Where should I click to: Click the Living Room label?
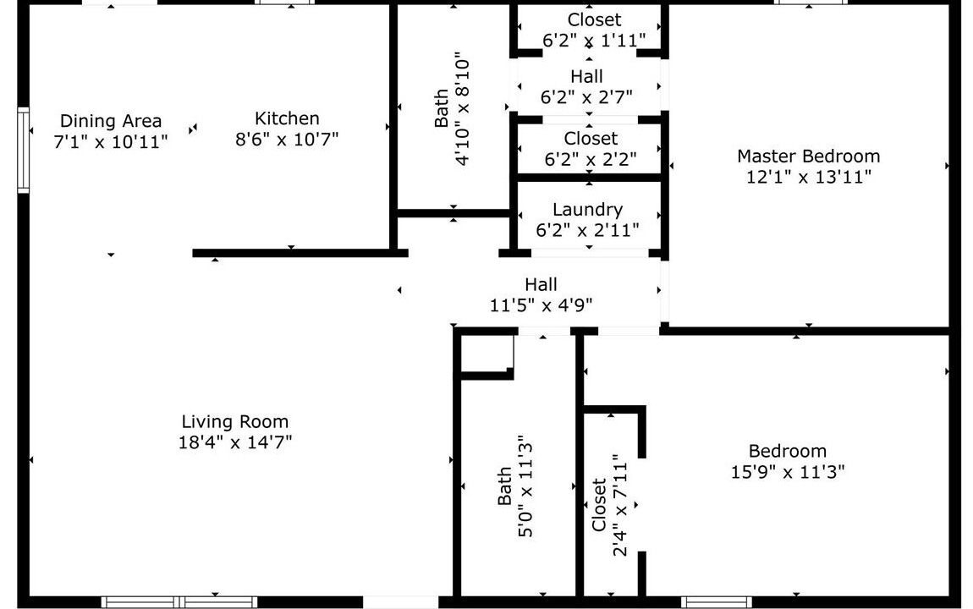pos(234,422)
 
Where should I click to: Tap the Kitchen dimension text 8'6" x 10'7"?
pos(287,139)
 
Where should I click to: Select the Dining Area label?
pos(111,121)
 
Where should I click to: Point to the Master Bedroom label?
pos(808,156)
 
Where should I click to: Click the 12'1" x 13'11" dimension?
pos(808,178)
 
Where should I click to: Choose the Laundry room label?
pos(587,210)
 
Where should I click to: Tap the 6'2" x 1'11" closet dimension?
pos(594,41)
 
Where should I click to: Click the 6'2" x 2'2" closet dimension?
pos(590,159)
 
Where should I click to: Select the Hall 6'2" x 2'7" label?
pos(586,87)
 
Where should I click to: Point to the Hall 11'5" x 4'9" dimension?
pos(541,305)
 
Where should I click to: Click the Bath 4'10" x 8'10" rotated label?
pos(452,112)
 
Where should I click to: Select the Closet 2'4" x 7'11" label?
pos(608,505)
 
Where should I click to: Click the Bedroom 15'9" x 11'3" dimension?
pos(788,472)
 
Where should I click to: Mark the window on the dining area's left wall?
pos(23,150)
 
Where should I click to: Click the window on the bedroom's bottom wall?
pos(716,602)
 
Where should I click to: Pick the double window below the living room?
pos(179,602)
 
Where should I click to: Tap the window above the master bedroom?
pos(810,3)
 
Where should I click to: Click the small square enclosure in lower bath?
pos(487,354)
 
